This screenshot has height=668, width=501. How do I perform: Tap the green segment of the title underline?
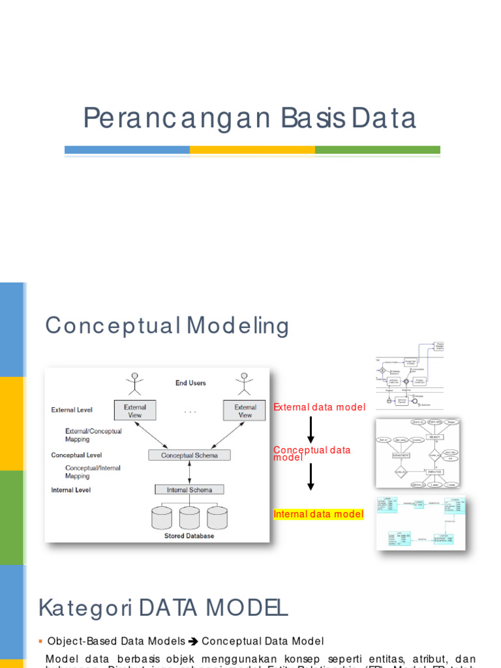(x=377, y=150)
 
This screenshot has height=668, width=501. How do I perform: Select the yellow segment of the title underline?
(x=252, y=150)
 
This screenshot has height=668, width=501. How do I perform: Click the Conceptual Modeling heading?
(x=166, y=326)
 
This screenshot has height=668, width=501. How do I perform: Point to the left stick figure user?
(x=135, y=384)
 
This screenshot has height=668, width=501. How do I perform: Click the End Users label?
(x=190, y=383)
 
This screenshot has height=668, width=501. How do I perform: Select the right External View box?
(x=245, y=410)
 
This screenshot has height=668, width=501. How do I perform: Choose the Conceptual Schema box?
(x=189, y=455)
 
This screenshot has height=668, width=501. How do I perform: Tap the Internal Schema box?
(x=189, y=490)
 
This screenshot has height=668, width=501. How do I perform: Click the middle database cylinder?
(x=189, y=517)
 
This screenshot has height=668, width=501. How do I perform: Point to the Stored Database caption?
(x=189, y=536)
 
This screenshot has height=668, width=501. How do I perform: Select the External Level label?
(x=72, y=410)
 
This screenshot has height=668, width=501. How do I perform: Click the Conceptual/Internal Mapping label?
(x=93, y=472)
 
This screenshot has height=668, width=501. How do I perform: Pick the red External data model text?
(x=319, y=407)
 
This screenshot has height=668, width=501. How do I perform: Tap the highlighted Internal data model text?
(x=318, y=514)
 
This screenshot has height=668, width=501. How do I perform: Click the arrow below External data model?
(x=311, y=430)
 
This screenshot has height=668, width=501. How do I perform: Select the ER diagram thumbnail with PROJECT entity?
(x=417, y=453)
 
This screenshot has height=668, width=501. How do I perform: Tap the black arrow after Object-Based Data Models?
(x=193, y=642)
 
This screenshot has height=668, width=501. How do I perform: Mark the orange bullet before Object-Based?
(x=40, y=642)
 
